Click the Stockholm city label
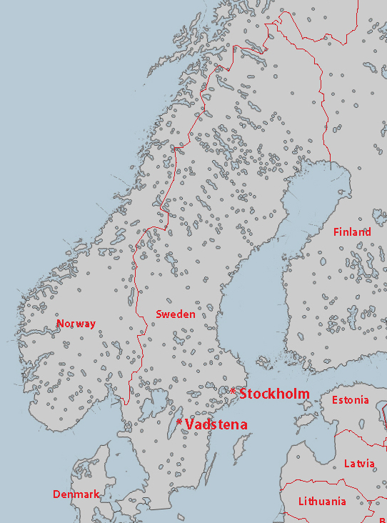point(274,394)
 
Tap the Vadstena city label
point(216,424)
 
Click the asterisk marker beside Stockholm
point(233,392)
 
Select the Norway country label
point(76,324)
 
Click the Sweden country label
point(175,314)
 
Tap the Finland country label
point(352,232)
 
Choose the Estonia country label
point(351,400)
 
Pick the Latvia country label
point(359,464)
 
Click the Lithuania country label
point(322,502)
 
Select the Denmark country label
point(76,494)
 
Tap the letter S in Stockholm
point(244,394)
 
